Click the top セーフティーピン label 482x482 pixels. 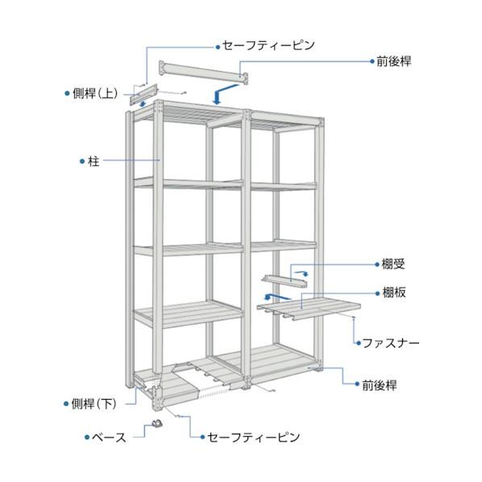point(268,45)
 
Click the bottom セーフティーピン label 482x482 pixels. point(253,437)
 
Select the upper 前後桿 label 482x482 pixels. point(394,61)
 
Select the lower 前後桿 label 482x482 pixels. point(380,384)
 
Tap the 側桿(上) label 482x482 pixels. point(95,93)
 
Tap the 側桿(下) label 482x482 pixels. point(93,404)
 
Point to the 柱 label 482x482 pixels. point(93,161)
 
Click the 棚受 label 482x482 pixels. point(393,264)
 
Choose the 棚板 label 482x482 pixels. point(394,293)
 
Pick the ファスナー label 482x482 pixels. point(391,343)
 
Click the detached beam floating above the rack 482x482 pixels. point(203,73)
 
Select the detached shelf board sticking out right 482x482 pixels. point(309,308)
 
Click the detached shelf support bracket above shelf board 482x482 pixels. point(285,281)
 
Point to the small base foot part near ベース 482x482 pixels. point(157,424)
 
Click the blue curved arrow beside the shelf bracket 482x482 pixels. point(301,273)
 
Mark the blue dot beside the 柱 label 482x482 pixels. point(82,161)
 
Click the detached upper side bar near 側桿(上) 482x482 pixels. point(143,94)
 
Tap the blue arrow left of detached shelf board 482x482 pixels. point(276,297)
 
